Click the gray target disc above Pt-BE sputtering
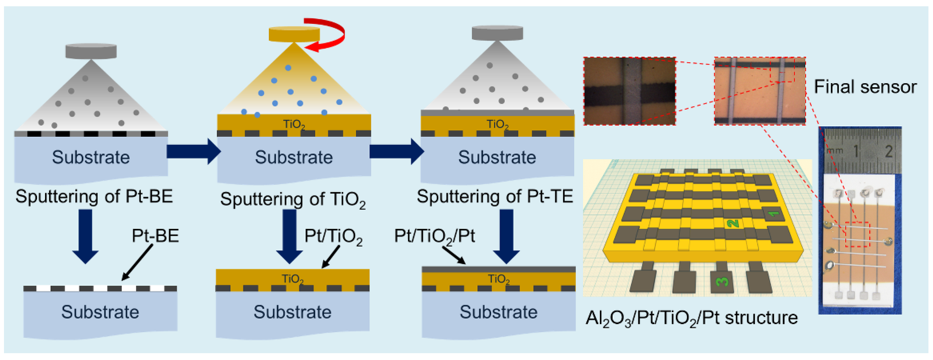point(91,51)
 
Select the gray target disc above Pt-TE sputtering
point(497,33)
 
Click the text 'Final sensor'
point(865,87)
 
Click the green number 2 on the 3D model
point(732,223)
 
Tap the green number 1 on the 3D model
point(774,214)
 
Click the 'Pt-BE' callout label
point(155,236)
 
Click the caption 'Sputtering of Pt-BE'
point(94,196)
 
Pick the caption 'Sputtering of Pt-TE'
point(495,196)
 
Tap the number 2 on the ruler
point(888,151)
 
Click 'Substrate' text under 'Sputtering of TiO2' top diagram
point(294,157)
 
